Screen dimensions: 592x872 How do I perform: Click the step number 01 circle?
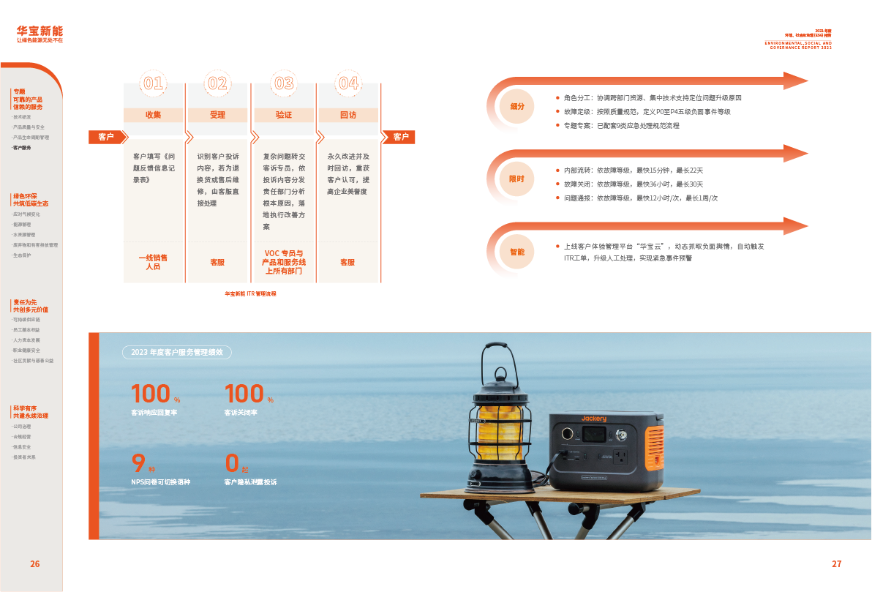pos(154,83)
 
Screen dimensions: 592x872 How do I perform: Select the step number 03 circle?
pos(284,83)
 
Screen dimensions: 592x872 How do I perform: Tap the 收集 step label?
pos(154,115)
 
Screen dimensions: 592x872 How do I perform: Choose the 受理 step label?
pos(218,115)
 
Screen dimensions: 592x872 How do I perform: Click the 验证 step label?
pos(284,115)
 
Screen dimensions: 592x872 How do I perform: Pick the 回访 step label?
pos(348,115)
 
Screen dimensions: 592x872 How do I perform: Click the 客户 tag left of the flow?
pos(106,137)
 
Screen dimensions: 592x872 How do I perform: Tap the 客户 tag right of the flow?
pos(401,137)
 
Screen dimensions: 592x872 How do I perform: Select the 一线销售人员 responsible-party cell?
pos(154,262)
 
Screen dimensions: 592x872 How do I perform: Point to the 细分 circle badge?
pos(517,106)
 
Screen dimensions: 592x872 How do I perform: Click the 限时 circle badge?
pos(517,179)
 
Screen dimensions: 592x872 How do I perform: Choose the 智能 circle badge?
pos(517,252)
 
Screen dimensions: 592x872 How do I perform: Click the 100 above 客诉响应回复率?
pos(151,394)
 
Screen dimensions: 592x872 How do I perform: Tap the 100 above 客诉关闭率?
pos(244,394)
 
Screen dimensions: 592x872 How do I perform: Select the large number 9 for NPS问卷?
pos(138,462)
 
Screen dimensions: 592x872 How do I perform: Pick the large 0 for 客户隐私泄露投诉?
pos(233,462)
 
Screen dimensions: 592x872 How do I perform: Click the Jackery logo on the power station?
pos(594,419)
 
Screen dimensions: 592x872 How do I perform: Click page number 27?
pos(837,564)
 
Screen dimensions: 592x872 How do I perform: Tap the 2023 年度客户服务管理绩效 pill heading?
pos(178,353)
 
